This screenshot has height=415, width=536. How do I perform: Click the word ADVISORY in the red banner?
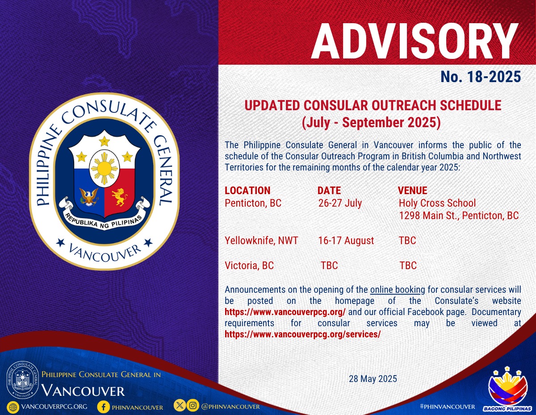point(415,41)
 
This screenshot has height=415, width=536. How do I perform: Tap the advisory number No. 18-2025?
point(481,76)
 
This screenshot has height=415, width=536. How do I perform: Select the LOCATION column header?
point(247,191)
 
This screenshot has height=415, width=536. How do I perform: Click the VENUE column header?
point(412,191)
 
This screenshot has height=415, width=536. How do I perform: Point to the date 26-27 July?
point(340,203)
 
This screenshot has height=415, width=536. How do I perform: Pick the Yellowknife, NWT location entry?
point(261,241)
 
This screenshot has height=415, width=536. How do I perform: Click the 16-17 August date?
point(346,241)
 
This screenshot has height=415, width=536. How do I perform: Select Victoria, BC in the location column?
point(249,266)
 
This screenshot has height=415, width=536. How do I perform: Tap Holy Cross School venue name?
point(437,203)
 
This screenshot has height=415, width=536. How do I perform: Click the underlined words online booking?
point(398,290)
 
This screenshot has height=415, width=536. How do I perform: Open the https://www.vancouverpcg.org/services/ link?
point(302,334)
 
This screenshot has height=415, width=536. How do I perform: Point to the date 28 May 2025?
point(373,379)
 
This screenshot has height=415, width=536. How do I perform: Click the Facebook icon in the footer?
point(104,407)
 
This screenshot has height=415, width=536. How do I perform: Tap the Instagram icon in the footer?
point(193,405)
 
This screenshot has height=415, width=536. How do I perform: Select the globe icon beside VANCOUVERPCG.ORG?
point(13,407)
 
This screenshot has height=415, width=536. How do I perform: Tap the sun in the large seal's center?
point(105,168)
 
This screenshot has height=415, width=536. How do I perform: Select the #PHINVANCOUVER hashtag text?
point(448,407)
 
